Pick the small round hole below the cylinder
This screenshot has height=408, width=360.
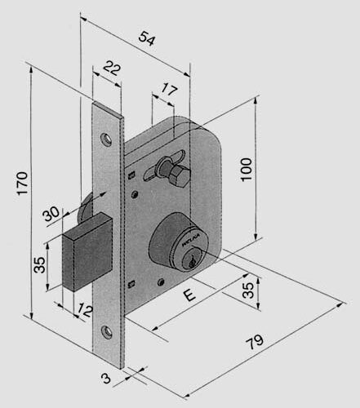coord(162,283)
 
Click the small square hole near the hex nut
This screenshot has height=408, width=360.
coord(131,175)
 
